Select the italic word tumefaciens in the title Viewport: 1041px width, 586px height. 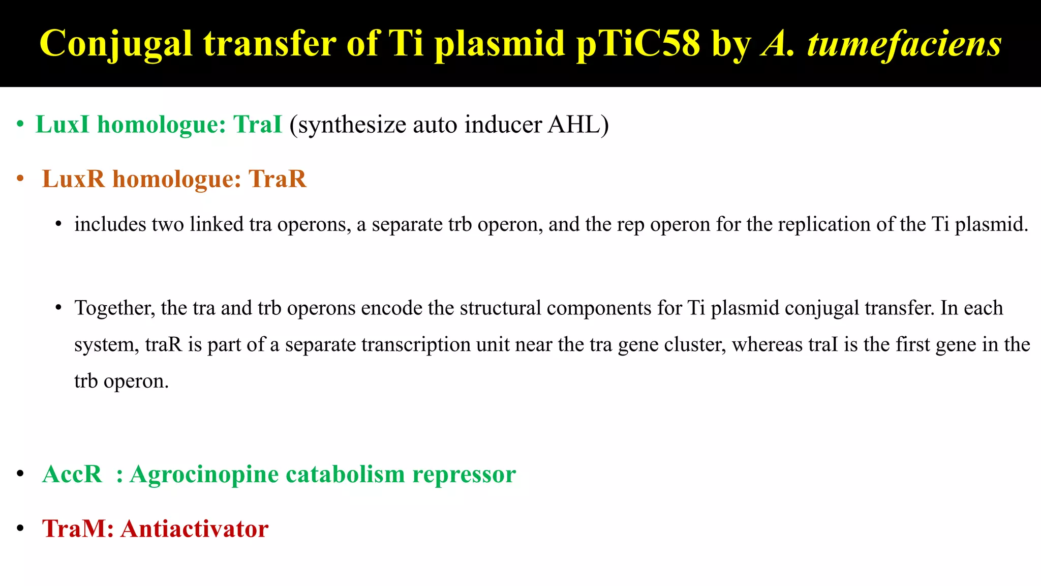(x=904, y=44)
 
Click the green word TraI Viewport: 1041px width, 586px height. (x=257, y=125)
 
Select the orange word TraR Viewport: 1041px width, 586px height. (x=278, y=179)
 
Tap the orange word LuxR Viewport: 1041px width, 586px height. (x=73, y=179)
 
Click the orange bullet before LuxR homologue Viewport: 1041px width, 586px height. (x=20, y=179)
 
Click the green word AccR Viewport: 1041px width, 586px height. (x=72, y=475)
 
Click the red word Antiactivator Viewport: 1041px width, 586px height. (x=194, y=529)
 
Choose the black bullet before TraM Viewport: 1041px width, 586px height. (x=20, y=529)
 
